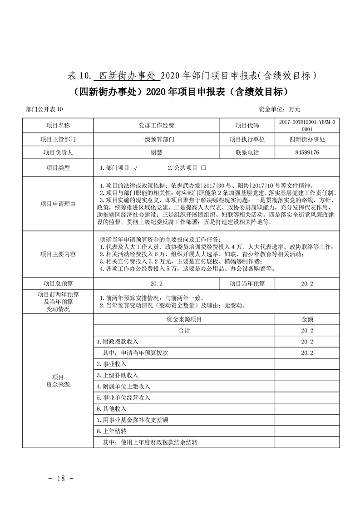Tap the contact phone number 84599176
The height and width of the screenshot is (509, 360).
click(307, 152)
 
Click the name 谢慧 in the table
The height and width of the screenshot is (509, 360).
click(156, 152)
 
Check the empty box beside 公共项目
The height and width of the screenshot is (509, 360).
click(203, 168)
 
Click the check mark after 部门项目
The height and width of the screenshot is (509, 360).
click(136, 168)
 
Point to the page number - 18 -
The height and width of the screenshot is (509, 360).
click(60, 478)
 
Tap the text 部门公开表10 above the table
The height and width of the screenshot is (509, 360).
click(45, 109)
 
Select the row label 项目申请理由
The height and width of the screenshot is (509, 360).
click(58, 204)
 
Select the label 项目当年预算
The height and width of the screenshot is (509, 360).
click(247, 284)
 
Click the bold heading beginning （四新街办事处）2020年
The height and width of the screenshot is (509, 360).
click(180, 92)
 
